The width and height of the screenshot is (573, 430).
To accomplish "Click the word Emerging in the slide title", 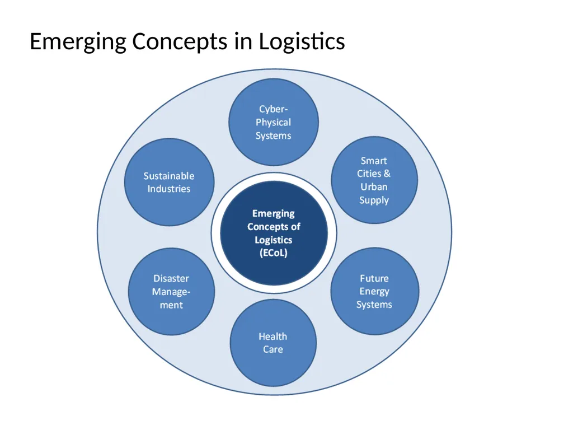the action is point(78,42).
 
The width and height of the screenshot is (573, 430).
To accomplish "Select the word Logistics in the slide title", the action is point(302,42).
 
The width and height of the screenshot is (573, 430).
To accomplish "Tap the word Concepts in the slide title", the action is point(180,42).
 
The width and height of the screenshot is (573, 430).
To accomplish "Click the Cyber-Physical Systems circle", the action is point(273,122).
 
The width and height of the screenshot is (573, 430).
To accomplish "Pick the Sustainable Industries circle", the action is point(169,182).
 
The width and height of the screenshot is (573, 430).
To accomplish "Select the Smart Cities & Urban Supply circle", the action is point(374,180).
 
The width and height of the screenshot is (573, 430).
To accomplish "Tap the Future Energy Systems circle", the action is point(374,291).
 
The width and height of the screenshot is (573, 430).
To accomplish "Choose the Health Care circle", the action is point(273,343).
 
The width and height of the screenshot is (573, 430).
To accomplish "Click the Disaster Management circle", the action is point(171,291).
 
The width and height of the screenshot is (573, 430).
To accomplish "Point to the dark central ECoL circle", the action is point(274,233).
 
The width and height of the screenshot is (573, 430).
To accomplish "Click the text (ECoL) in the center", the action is point(273,253).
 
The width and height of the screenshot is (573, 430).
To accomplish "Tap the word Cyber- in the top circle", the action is point(273,109).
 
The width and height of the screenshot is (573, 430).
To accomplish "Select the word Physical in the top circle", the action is point(273,123).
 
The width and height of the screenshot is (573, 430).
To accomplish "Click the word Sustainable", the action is point(169,176).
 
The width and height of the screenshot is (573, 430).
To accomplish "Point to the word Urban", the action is point(374,187).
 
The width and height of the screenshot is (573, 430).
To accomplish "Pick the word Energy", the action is point(374,291).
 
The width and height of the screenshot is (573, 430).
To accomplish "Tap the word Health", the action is point(273,336).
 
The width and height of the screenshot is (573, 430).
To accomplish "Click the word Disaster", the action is point(171,279).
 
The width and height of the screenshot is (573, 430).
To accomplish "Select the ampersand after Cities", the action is point(387,174).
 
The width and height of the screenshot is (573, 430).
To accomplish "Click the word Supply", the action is point(374,200).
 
